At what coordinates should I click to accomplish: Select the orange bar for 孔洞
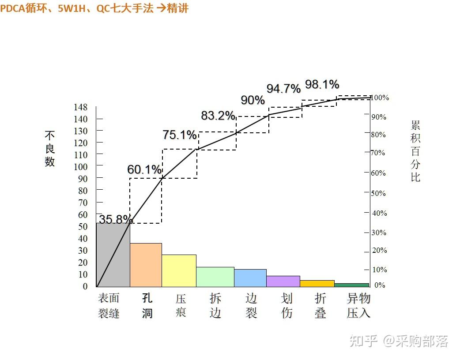pos(146,265)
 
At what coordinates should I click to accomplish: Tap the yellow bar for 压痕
pos(179,271)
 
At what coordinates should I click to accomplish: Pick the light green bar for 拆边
pos(215,277)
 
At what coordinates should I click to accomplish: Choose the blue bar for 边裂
pos(250,278)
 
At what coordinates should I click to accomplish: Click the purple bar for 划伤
pos(283,281)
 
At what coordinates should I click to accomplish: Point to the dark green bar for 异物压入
pos(351,285)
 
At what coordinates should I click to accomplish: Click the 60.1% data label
pos(144,169)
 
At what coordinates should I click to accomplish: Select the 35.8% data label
pos(116,219)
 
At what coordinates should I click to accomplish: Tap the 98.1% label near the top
pos(322,84)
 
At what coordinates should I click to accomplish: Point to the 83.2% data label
pos(218,116)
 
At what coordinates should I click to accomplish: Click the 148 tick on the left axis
pos(80,107)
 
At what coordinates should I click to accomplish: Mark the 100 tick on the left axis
pos(80,167)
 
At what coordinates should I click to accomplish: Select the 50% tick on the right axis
pos(378,193)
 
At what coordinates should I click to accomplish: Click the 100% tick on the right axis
pos(380,97)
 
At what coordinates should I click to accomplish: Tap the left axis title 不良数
pos(49,149)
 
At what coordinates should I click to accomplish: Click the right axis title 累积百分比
pos(415,151)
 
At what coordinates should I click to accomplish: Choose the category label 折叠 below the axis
pos(320,306)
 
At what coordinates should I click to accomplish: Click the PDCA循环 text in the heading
pos(23,8)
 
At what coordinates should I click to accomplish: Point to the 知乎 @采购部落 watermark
pos(398,341)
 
